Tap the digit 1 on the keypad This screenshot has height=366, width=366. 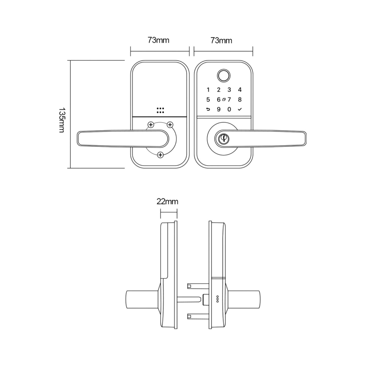pos(208,90)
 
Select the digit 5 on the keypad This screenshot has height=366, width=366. pos(208,100)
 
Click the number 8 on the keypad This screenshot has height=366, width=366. pos(240,100)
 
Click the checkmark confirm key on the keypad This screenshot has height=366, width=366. pos(240,109)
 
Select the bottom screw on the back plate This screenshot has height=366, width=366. pos(160,155)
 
